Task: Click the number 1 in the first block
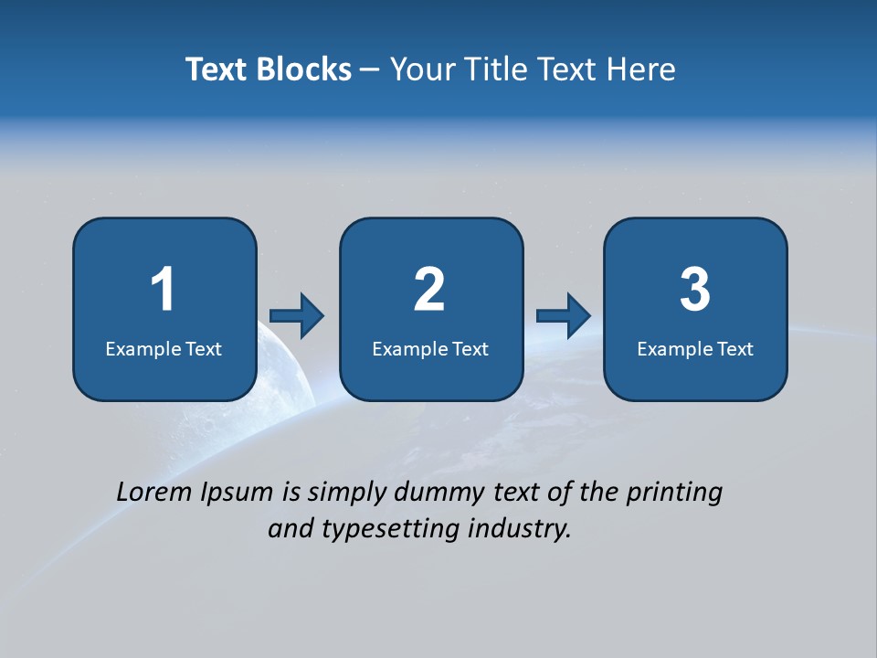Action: (x=163, y=290)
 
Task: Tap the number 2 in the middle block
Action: (x=429, y=290)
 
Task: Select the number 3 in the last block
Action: (x=695, y=290)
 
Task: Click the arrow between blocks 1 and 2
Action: (x=298, y=316)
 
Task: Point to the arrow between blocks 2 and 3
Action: (x=564, y=316)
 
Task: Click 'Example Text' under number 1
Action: (x=164, y=349)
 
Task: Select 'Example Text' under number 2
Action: (x=430, y=349)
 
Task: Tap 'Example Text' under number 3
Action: (x=695, y=349)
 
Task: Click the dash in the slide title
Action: (x=370, y=70)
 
